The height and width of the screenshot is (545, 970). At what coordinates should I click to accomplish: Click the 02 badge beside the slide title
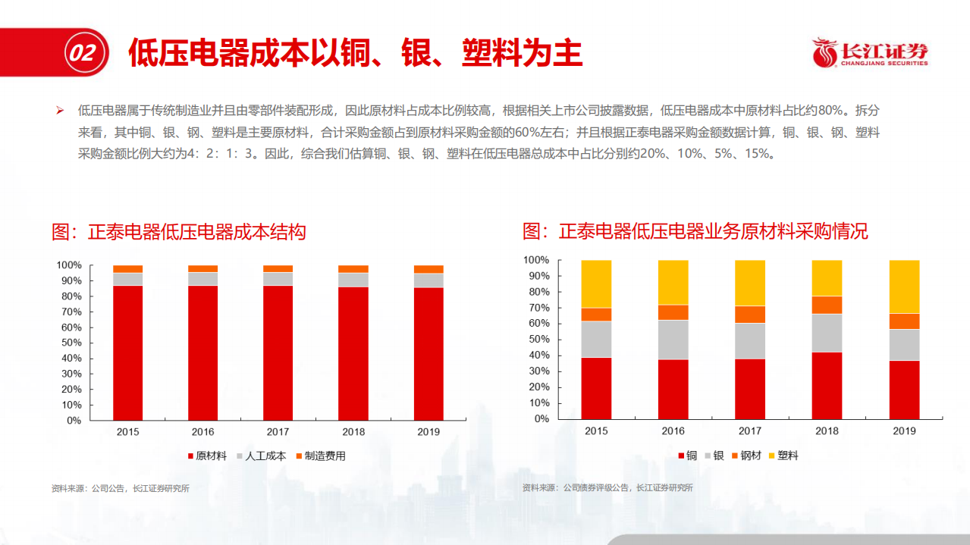pos(81,53)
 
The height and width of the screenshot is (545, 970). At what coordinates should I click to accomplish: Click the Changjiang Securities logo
pos(869,53)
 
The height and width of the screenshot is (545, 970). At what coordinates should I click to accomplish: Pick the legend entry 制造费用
pos(320,456)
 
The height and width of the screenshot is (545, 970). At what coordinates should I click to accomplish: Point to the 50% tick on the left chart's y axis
pos(69,343)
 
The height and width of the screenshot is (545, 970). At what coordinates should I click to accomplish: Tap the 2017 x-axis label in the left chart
pos(278,432)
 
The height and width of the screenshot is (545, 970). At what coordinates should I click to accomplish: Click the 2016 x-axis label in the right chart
pos(673,431)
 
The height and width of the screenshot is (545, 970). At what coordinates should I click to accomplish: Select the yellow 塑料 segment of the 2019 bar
pos(904,287)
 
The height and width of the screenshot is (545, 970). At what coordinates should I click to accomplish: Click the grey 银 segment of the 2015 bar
pos(596,339)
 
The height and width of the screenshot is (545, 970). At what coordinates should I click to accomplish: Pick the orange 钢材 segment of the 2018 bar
pos(827,305)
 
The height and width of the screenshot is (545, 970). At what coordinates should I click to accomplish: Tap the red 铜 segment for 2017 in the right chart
pos(750,388)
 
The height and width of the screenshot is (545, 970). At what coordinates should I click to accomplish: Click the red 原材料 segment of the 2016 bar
pos(202,352)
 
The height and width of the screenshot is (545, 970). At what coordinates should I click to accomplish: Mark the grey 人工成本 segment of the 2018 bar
pos(353,280)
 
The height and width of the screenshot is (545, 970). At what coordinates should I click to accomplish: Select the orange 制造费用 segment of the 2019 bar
pos(428,269)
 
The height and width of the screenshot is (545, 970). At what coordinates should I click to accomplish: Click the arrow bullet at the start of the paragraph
pos(59,111)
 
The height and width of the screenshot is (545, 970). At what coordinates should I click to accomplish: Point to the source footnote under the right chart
pos(607,488)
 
